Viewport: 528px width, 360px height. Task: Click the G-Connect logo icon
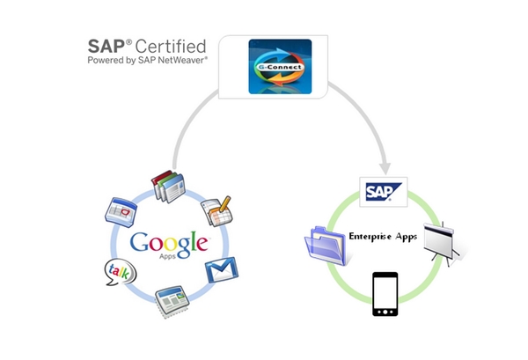click(x=280, y=67)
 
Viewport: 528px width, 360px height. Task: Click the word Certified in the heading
click(x=171, y=47)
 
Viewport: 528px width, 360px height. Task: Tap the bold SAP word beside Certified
click(x=106, y=47)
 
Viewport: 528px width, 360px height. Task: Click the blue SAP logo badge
click(x=384, y=192)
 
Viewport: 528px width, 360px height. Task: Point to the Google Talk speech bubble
click(x=121, y=272)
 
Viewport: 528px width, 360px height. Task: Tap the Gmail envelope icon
click(x=222, y=269)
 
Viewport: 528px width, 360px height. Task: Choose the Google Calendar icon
click(x=121, y=212)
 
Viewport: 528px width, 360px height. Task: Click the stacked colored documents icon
click(x=168, y=187)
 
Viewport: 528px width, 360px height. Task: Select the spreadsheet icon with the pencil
click(x=217, y=211)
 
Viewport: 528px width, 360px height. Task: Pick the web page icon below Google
click(x=172, y=301)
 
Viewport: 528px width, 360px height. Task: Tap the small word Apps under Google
click(x=167, y=256)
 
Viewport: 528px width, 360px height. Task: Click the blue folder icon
click(x=326, y=246)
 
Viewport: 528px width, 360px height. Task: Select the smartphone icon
click(x=385, y=294)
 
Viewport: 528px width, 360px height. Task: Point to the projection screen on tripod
click(x=441, y=243)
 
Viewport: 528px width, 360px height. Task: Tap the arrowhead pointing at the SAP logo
click(x=385, y=168)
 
